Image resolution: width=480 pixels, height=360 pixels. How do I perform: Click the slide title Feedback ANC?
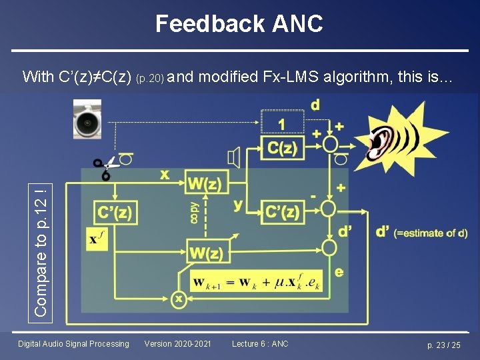[239, 24]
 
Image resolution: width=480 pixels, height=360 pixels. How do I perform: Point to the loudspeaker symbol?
[233, 158]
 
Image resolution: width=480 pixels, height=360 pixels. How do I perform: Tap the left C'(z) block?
[115, 214]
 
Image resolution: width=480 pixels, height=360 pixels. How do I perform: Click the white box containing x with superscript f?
[97, 239]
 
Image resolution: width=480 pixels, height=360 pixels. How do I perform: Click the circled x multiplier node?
[178, 299]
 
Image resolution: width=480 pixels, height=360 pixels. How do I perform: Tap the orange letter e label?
[339, 272]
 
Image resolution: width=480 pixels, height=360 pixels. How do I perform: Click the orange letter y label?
[238, 205]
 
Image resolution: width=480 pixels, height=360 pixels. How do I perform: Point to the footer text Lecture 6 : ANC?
[260, 344]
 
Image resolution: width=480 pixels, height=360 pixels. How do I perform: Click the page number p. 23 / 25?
[443, 345]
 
